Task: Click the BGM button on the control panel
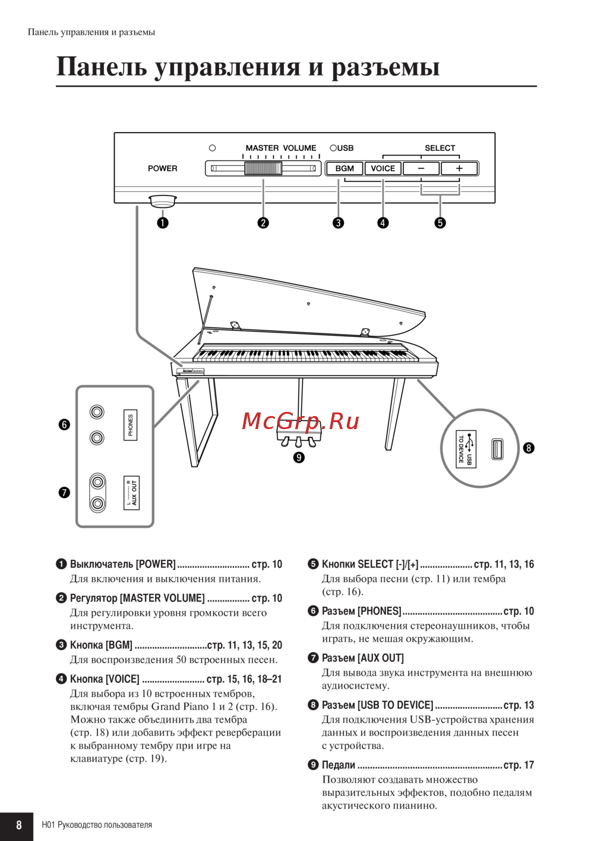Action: coord(345,168)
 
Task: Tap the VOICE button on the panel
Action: coord(383,168)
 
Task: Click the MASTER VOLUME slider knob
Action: coord(263,168)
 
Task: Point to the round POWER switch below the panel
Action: coord(162,201)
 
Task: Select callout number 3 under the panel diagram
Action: coord(338,223)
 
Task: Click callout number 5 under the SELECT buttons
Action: coord(440,223)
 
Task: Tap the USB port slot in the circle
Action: coord(498,449)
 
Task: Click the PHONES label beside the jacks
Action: coord(131,425)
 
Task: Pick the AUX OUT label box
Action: coord(131,493)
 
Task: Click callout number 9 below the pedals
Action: coord(299,457)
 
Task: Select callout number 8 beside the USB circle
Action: coord(529,448)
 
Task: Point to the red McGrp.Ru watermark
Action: coord(301,421)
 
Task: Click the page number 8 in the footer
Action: coord(18,825)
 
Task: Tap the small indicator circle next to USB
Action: coord(333,148)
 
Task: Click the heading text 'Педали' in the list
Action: coord(339,765)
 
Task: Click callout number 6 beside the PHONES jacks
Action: coord(64,424)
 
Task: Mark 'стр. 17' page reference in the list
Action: coord(519,765)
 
